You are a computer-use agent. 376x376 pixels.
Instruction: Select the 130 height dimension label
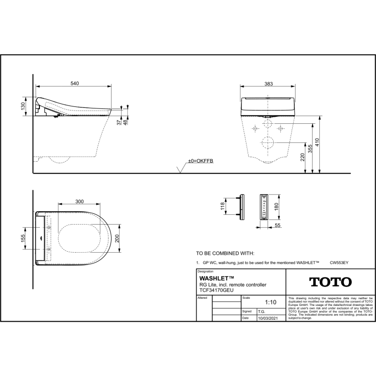23,106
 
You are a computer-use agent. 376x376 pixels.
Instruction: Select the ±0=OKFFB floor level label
201,161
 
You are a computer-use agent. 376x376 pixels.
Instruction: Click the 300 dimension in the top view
79,202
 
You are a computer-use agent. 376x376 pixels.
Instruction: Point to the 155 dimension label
23,239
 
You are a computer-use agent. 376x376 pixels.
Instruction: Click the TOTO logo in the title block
330,282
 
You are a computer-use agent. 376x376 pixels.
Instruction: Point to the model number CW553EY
339,261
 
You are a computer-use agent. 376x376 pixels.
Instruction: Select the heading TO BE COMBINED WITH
225,253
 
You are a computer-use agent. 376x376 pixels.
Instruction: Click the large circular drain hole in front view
267,142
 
